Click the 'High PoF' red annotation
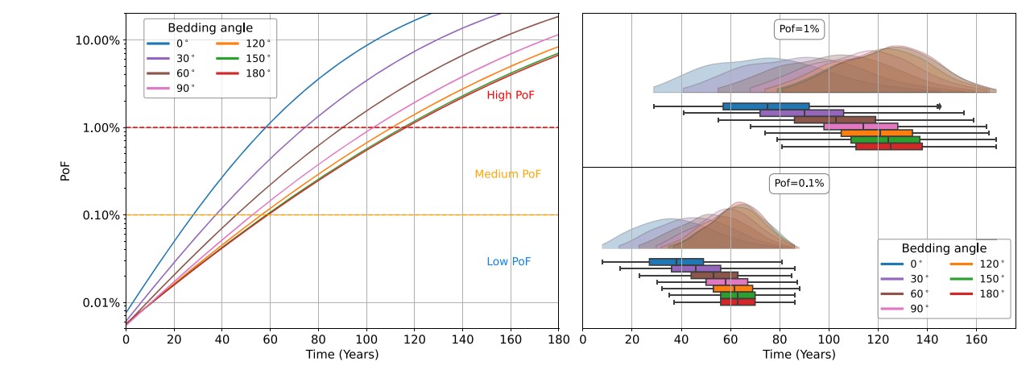[x=510, y=95]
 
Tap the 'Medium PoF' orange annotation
[x=507, y=174]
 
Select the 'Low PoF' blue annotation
[x=508, y=262]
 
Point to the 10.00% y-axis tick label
[x=97, y=40]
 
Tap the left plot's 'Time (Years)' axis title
[x=341, y=354]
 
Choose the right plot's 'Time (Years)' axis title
[x=798, y=354]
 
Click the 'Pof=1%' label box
[x=798, y=30]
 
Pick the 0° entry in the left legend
[x=176, y=44]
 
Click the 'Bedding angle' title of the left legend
[x=209, y=27]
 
